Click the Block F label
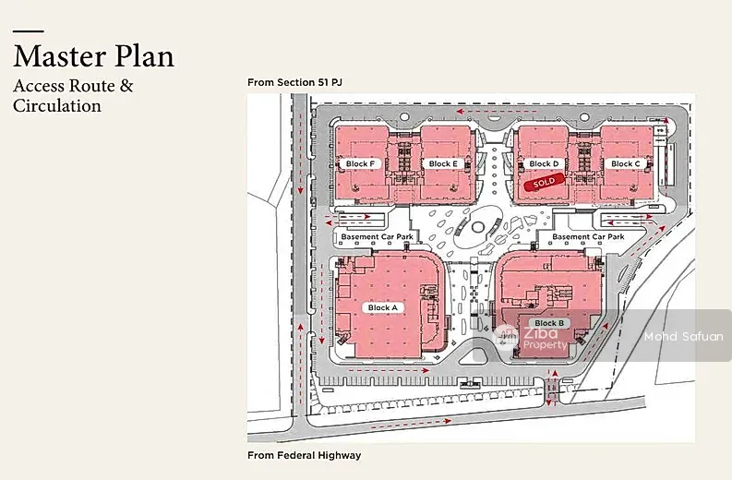point(360,164)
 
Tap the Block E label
point(443,164)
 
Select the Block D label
point(544,164)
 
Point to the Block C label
point(626,164)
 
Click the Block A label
point(383,307)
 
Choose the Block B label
point(549,323)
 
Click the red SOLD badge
point(544,182)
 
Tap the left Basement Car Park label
point(378,236)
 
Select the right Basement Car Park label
point(588,236)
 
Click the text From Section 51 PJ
point(294,83)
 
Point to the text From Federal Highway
point(305,455)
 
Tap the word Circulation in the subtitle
point(57,105)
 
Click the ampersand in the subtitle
point(126,86)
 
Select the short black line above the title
point(29,31)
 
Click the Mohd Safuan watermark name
point(683,336)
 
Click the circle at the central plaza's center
point(478,227)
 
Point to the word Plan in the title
point(144,56)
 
